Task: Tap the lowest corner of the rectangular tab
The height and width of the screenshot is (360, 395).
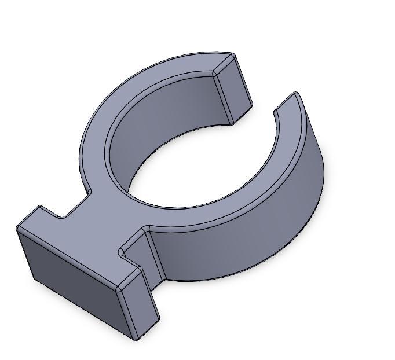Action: pyautogui.click(x=137, y=339)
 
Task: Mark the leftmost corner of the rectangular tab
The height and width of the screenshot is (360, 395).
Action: pyautogui.click(x=17, y=228)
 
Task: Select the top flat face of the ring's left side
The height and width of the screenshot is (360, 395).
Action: pyautogui.click(x=96, y=145)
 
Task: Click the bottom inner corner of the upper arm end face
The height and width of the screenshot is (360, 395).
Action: pyautogui.click(x=232, y=123)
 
